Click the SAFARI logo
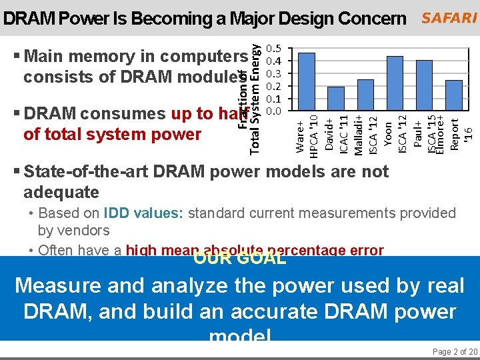(449, 18)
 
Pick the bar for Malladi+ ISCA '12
(365, 95)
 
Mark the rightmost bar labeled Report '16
(453, 95)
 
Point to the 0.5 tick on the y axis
(273, 49)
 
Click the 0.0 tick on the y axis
(273, 111)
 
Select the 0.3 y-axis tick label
(273, 73)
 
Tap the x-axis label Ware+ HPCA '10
(306, 133)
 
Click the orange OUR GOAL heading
(240, 258)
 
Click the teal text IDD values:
(144, 213)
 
